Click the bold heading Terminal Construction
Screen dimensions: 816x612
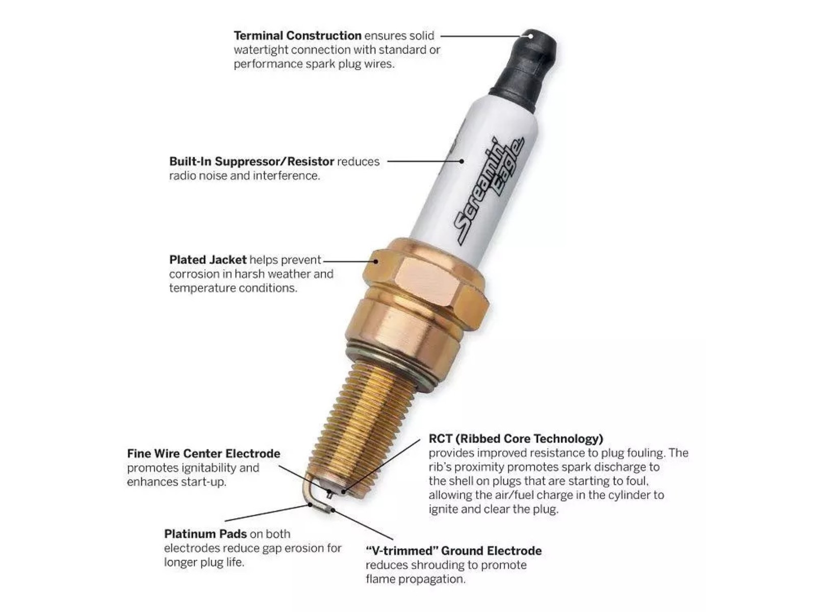point(297,36)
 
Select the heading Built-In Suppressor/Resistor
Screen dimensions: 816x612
point(251,162)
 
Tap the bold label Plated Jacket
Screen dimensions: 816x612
point(208,260)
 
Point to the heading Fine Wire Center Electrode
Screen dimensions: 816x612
point(203,454)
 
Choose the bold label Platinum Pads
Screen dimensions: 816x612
point(206,534)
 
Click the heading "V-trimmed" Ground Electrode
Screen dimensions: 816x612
point(453,551)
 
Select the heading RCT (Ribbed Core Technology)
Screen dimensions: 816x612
point(516,439)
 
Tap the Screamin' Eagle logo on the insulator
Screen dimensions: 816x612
point(489,191)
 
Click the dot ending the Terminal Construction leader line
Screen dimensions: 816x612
point(530,36)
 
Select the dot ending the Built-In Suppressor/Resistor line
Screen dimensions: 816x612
point(462,161)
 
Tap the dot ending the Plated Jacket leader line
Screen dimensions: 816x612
point(376,261)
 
